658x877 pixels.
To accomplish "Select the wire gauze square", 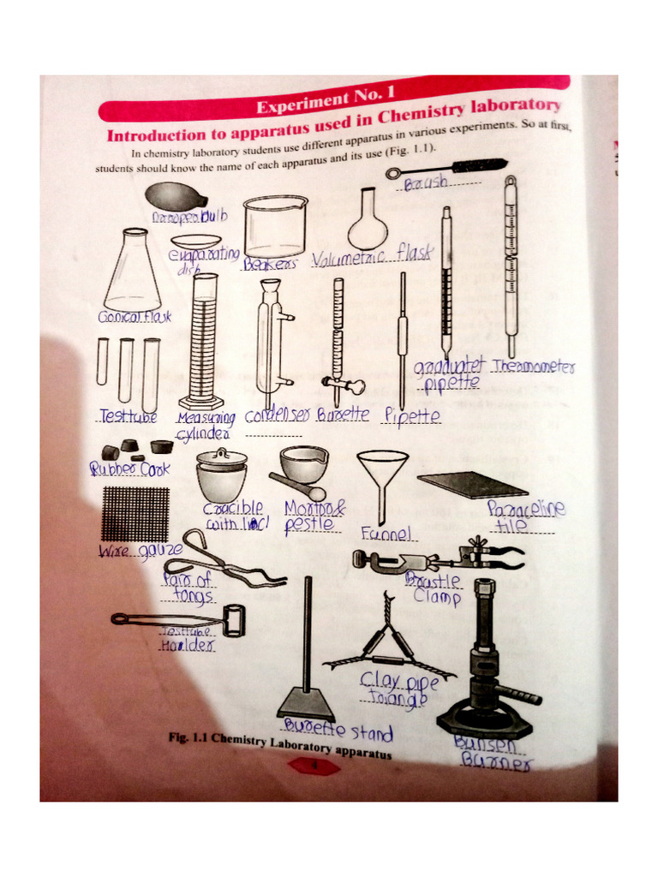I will point(135,513).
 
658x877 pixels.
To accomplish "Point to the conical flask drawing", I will point(132,274).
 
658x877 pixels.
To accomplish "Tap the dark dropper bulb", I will point(175,196).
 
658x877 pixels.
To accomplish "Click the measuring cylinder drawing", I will point(204,343).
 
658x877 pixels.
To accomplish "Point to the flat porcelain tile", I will point(472,484).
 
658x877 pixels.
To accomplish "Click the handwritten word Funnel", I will point(387,534).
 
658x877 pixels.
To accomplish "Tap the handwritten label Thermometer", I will point(533,367).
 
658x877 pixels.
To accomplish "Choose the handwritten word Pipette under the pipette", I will point(412,416).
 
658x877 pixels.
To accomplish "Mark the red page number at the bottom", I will point(314,767).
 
